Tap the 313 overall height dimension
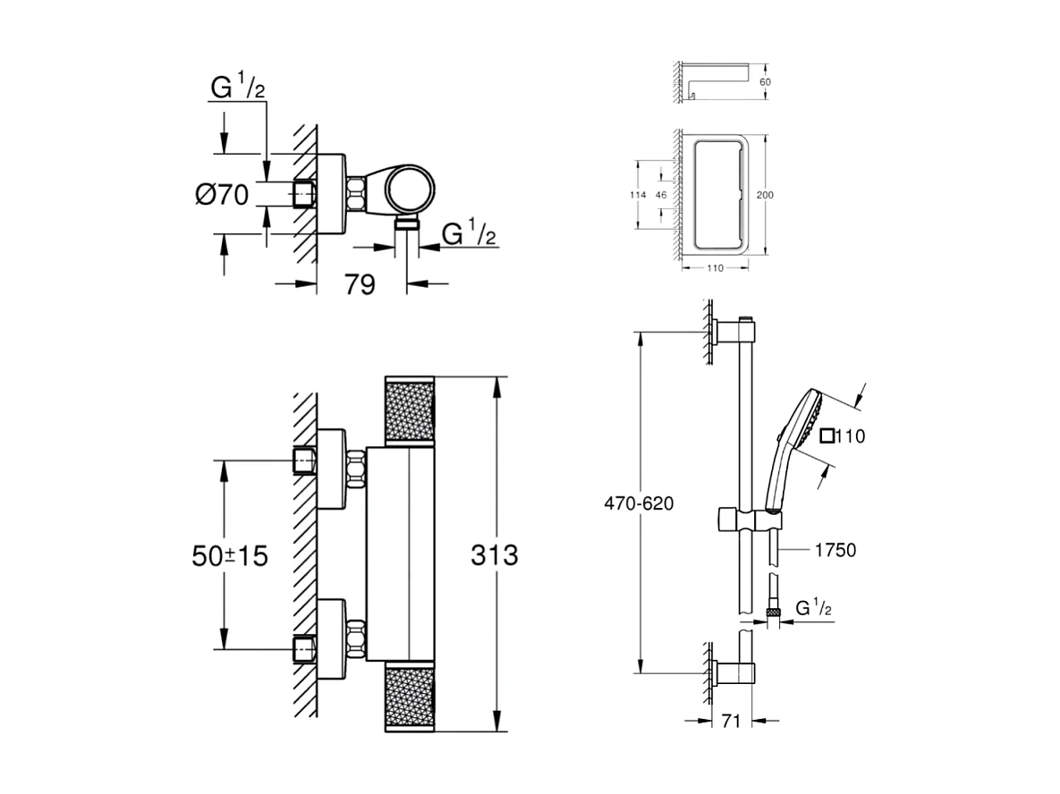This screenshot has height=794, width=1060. (494, 554)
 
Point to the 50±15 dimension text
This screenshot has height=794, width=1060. (230, 555)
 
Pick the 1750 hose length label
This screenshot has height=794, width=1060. (834, 550)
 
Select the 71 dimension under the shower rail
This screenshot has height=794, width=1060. (731, 722)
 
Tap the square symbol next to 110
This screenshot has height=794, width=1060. (827, 436)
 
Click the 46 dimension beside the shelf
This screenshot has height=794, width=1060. (661, 194)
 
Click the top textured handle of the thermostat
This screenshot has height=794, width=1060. (408, 410)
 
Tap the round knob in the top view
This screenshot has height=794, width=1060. (411, 190)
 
